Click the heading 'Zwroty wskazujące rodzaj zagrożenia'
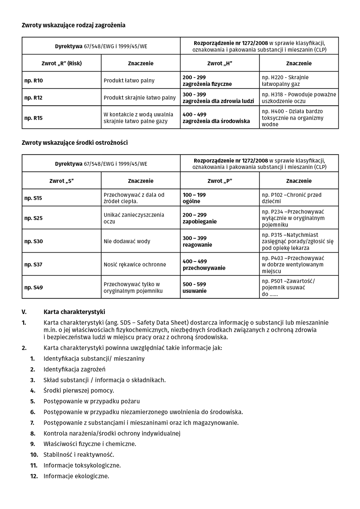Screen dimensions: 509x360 pos(74,25)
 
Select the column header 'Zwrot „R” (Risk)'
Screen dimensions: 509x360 pos(61,63)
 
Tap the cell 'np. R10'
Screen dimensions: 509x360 pos(33,80)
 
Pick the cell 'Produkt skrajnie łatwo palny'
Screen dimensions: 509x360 pos(140,98)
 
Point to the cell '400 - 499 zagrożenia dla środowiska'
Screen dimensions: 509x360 pos(216,118)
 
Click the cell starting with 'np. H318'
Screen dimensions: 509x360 pos(299,98)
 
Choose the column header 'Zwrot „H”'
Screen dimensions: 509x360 pos(220,63)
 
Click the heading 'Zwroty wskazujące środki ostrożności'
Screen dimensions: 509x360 pos(75,143)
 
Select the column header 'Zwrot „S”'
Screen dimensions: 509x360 pos(61,181)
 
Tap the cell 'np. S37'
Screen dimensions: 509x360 pos(33,264)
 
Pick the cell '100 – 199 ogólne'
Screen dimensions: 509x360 pos(194,198)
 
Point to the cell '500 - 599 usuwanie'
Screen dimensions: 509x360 pos(194,288)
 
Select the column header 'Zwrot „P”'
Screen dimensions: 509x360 pos(220,181)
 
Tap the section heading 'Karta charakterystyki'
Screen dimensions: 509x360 pos(74,312)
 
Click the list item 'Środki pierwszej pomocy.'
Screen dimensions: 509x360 pos(79,390)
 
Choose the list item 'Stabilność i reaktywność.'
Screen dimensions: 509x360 pos(79,455)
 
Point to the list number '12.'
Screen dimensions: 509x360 pos(34,476)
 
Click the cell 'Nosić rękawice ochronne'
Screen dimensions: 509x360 pos(135,264)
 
